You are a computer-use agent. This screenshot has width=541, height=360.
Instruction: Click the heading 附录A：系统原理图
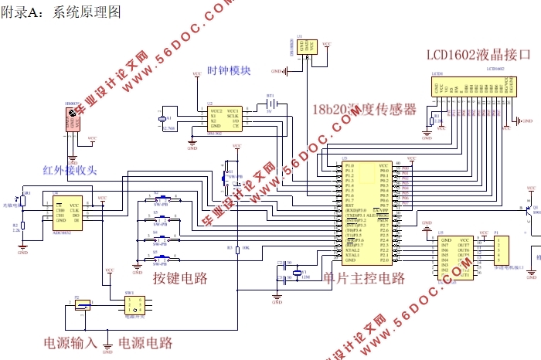(x=62, y=13)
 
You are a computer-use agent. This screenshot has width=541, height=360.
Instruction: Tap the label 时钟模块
(x=229, y=71)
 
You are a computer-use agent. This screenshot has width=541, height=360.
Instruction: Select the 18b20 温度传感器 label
(x=364, y=110)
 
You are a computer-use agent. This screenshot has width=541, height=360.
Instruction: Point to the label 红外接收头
(x=70, y=171)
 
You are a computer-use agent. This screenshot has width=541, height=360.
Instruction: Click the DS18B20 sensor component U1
(x=308, y=48)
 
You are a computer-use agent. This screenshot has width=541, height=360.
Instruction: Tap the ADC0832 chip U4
(x=68, y=211)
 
